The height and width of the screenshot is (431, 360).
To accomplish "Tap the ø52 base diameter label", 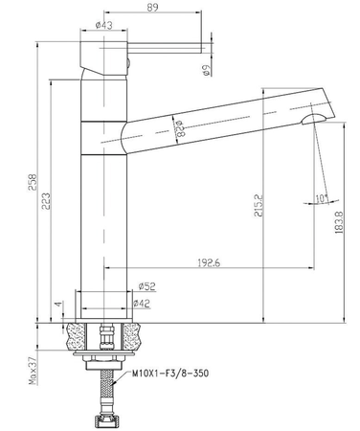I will pos(148,285).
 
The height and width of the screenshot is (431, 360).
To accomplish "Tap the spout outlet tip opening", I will pos(308,118).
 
